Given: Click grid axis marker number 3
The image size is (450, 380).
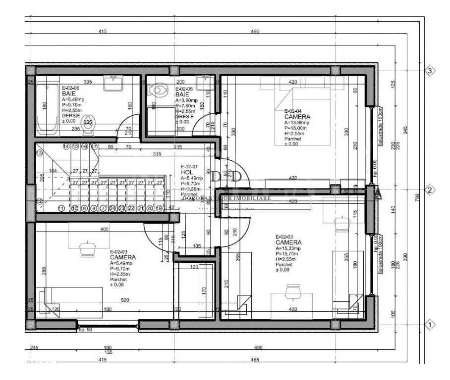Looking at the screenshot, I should tap(430, 71).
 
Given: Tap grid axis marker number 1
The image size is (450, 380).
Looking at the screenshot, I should tap(430, 325).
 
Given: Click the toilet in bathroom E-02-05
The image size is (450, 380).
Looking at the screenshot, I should tap(158, 91).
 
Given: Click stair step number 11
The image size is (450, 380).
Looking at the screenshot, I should tap(61, 209).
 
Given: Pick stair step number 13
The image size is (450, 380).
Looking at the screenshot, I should tap(40, 153).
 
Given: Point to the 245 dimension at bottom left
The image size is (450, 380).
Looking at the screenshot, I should tap(34, 348).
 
